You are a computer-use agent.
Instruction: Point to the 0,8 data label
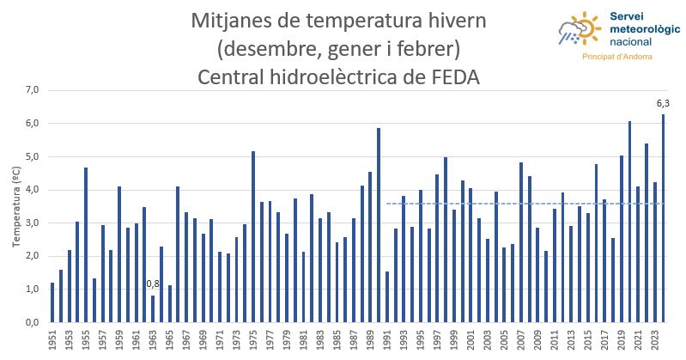coord(153,284)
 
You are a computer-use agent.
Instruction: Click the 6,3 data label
coord(663,104)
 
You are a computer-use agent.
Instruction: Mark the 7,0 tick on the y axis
coord(31,90)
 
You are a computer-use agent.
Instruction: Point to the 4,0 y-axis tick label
coord(31,190)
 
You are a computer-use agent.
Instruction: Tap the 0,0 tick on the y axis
coord(31,322)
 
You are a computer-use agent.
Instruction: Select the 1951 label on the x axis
coord(52,340)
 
